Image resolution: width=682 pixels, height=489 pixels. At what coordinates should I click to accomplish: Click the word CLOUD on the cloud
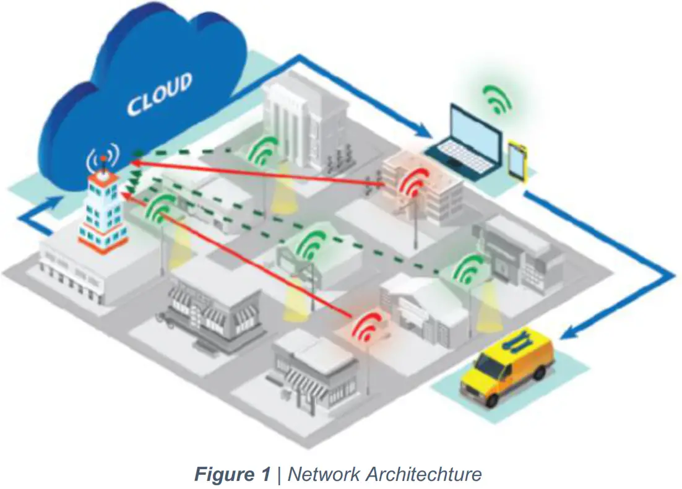tap(160, 93)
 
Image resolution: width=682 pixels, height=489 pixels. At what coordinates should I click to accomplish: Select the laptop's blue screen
tap(476, 132)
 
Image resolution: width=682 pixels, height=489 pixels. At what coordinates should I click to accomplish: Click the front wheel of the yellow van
tap(493, 399)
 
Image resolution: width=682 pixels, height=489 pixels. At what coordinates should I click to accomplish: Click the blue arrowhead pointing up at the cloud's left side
tap(60, 201)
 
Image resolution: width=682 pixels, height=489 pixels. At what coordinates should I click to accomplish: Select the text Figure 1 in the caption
tap(232, 475)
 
